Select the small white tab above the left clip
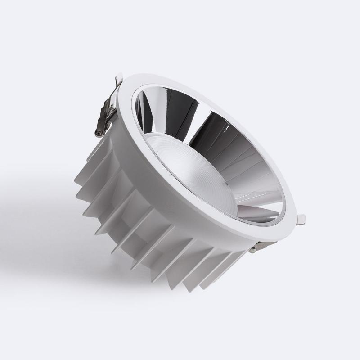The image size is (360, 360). point(118,79)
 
